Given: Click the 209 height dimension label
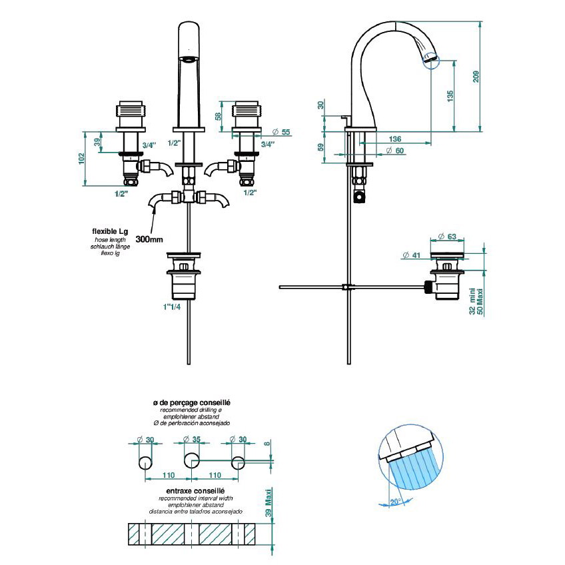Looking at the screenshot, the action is pyautogui.click(x=476, y=77).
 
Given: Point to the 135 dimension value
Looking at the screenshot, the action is pyautogui.click(x=450, y=96).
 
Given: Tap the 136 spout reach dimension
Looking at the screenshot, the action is pyautogui.click(x=395, y=139).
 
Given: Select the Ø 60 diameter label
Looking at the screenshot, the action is pyautogui.click(x=395, y=151).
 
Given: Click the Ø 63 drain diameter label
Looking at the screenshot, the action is pyautogui.click(x=447, y=237).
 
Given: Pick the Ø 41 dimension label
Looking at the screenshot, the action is pyautogui.click(x=411, y=255).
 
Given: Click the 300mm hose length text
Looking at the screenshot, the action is pyautogui.click(x=149, y=239).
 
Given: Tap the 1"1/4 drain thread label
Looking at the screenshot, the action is pyautogui.click(x=171, y=307).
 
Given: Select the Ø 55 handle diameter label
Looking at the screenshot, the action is pyautogui.click(x=281, y=132).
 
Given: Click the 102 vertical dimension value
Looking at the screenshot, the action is pyautogui.click(x=82, y=159).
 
